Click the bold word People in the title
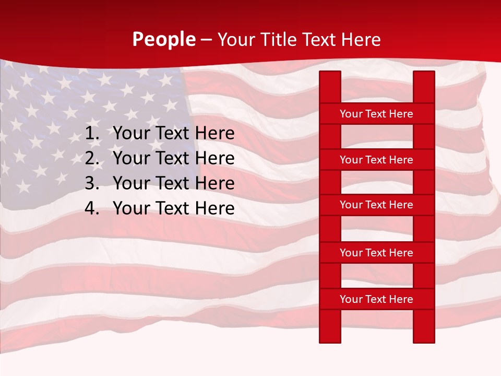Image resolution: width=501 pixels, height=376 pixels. [x=164, y=40]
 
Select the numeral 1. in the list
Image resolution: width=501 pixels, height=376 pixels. [x=92, y=134]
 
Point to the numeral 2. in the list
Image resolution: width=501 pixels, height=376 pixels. [x=92, y=158]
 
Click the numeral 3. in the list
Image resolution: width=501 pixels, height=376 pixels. [x=92, y=183]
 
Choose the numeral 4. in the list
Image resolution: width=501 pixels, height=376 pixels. [x=92, y=208]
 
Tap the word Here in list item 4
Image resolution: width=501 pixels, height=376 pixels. [x=214, y=208]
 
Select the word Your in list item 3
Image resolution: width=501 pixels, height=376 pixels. [x=132, y=183]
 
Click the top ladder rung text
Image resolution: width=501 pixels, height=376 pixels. [x=376, y=114]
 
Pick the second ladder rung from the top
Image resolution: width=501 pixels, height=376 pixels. [x=376, y=160]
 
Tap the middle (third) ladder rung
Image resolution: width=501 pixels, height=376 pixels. [x=376, y=205]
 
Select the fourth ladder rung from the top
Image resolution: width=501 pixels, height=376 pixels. [x=376, y=253]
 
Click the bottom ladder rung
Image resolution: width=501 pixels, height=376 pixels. [x=376, y=299]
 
